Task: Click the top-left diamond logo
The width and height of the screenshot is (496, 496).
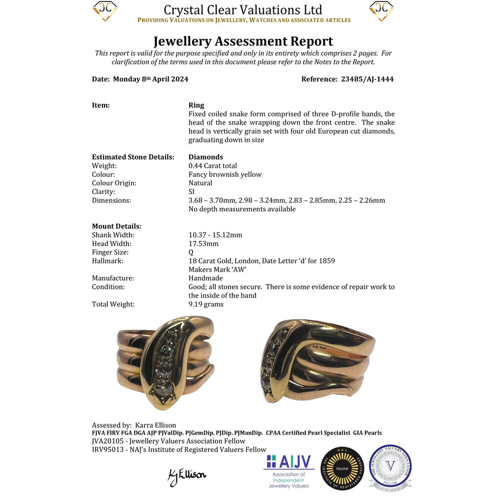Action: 105,11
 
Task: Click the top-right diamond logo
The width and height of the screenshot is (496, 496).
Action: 381,11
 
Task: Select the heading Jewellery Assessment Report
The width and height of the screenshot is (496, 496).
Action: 243,41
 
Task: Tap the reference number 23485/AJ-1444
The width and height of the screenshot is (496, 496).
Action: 367,79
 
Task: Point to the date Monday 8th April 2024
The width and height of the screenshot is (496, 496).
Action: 150,79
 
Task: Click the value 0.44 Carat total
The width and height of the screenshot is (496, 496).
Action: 212,166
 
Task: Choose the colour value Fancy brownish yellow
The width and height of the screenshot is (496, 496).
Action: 225,174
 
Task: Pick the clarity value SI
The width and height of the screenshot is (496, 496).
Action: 192,191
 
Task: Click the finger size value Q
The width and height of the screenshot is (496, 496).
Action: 191,252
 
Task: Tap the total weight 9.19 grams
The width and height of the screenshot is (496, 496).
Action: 205,304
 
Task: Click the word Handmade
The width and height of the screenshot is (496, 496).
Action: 205,278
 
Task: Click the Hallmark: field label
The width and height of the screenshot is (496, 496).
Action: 108,260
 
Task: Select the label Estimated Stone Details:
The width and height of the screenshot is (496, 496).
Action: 133,157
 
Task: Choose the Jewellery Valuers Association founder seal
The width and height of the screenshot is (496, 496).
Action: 390,467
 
